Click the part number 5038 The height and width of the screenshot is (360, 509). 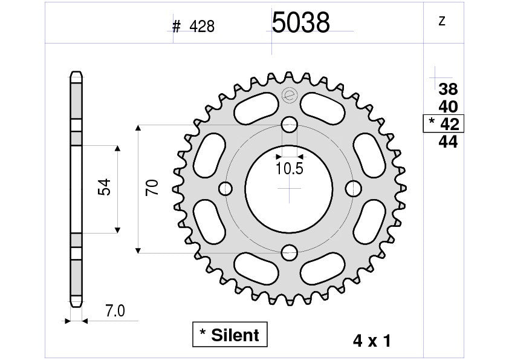tap(300, 24)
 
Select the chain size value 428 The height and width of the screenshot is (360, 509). tap(202, 27)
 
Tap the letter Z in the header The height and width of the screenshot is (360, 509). tap(441, 22)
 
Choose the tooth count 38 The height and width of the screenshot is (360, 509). tap(448, 90)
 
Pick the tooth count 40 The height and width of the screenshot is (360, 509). tap(448, 107)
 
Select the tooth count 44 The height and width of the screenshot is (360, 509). tap(448, 142)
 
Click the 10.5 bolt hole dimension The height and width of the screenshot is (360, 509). tap(289, 169)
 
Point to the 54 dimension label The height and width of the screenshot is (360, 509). tap(103, 188)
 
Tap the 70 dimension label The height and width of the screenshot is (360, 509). tap(152, 188)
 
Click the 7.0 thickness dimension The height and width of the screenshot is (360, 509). tap(115, 312)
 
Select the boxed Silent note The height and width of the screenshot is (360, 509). tap(229, 335)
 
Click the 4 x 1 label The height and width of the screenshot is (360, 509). tap(371, 341)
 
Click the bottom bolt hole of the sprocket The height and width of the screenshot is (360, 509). tap(290, 252)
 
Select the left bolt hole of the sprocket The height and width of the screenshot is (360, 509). tap(226, 189)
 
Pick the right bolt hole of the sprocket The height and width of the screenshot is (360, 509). tap(352, 189)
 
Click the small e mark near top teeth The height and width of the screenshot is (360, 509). tap(289, 95)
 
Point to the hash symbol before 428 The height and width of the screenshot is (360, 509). tap(177, 27)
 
